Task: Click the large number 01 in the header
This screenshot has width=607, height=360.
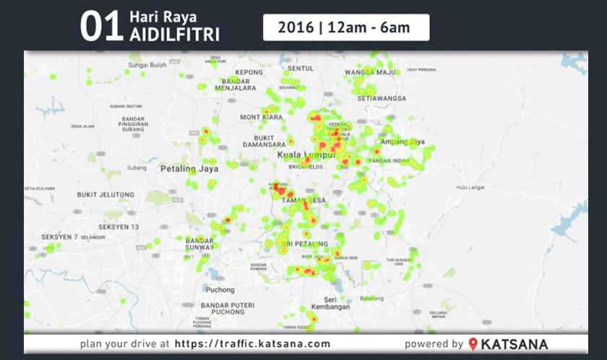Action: coord(100,27)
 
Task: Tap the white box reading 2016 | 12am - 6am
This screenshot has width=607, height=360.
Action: coord(346,27)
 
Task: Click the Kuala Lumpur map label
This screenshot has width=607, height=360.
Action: coord(307,155)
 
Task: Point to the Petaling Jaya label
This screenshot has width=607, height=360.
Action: coord(188,169)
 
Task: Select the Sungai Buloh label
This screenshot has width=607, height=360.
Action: coord(147,65)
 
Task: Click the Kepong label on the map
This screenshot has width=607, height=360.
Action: coord(249,72)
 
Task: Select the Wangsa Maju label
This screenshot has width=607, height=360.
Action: coord(371,72)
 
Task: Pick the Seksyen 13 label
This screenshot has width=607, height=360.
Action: coord(119,226)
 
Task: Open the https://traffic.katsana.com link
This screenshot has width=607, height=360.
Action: coord(252,344)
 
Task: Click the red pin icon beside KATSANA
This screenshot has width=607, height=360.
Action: coord(473,344)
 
